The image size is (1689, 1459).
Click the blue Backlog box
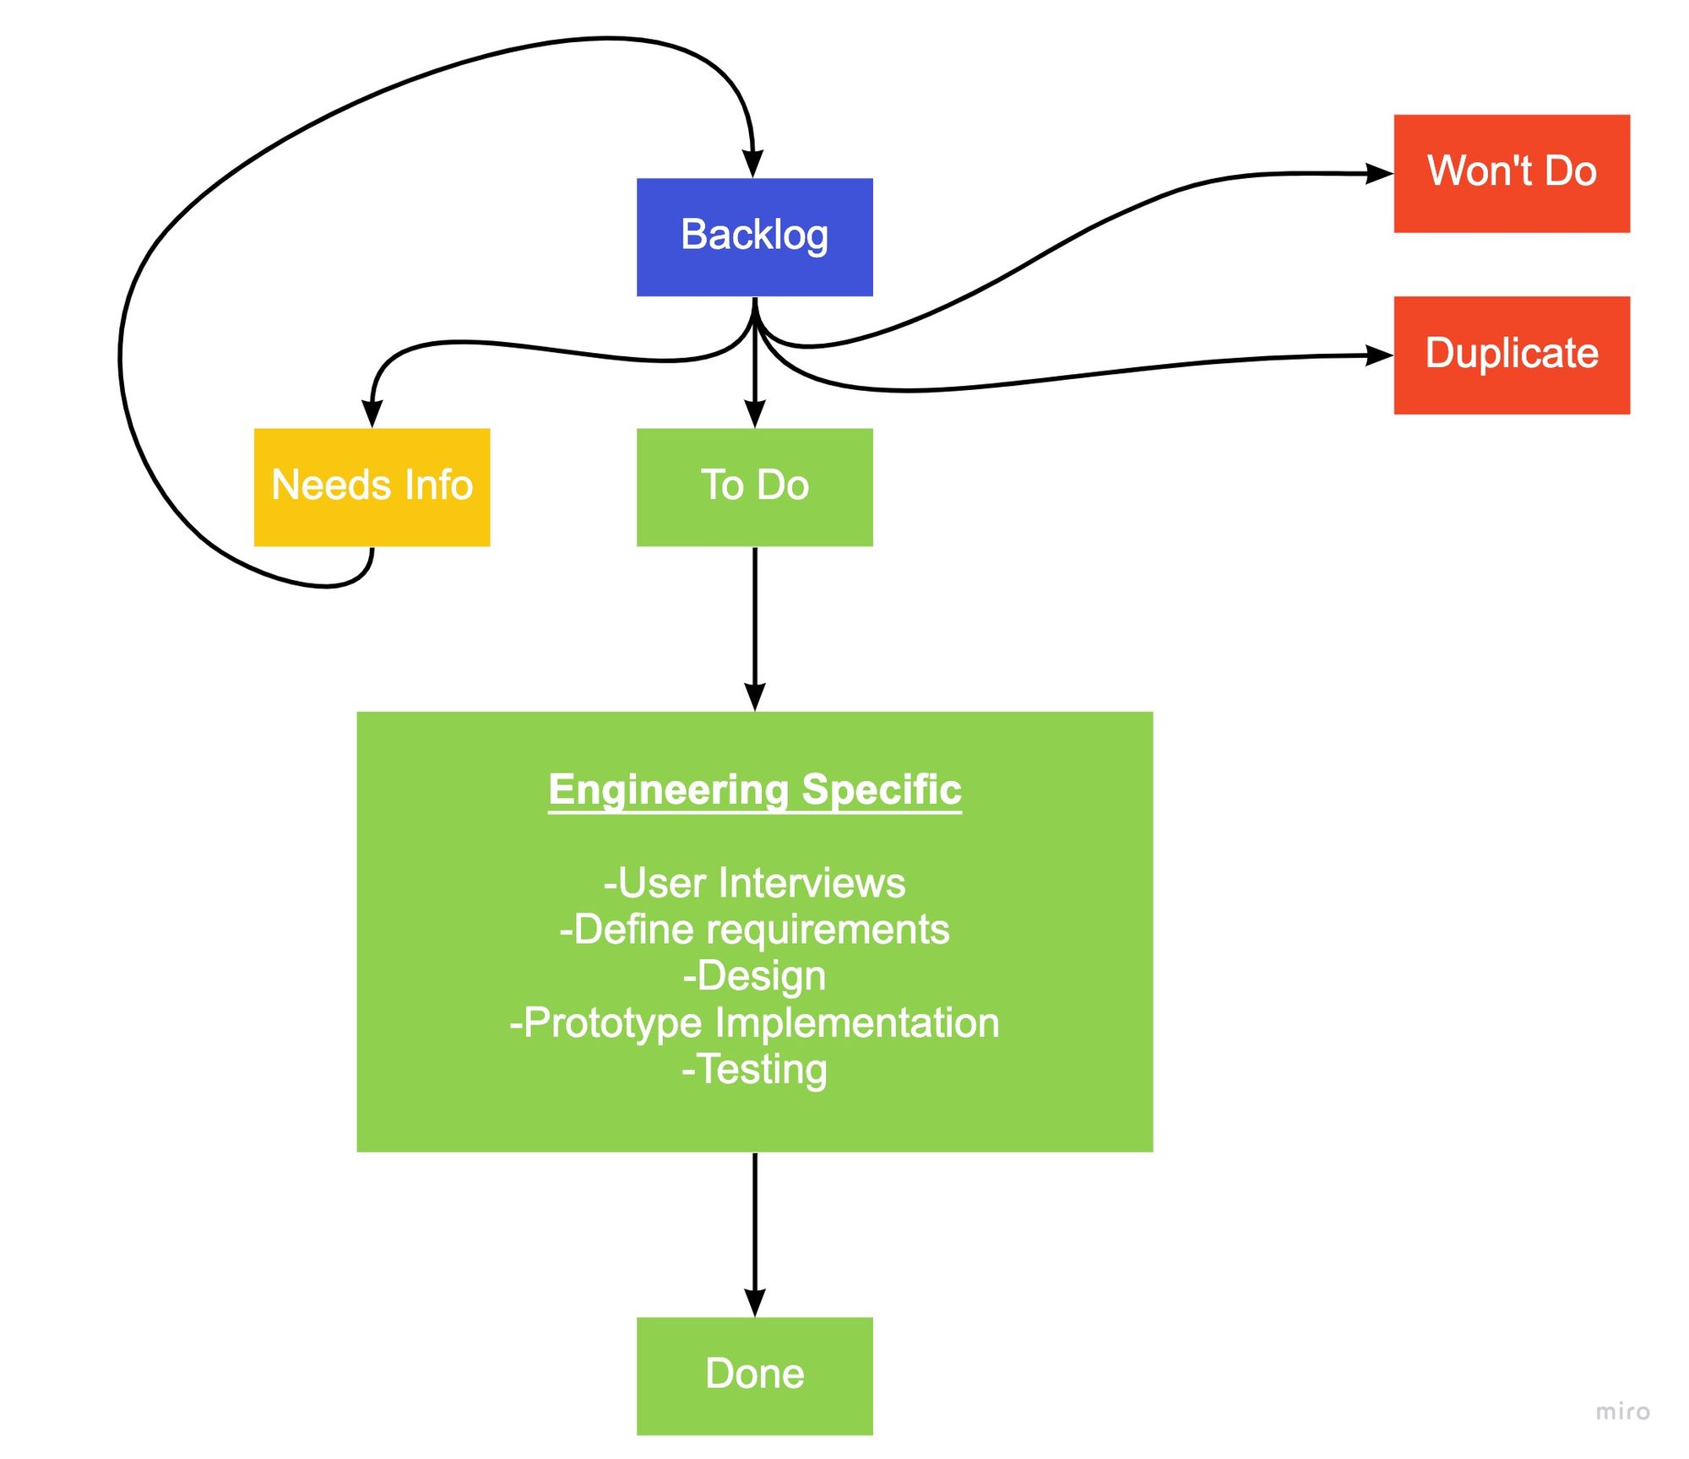click(754, 237)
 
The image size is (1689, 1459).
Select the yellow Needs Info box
click(372, 487)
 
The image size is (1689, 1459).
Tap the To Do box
click(754, 487)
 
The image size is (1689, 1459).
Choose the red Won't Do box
click(1512, 173)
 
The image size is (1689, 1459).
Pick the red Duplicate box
click(1512, 355)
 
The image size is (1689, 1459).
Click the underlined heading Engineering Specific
click(755, 790)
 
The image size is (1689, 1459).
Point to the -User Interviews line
click(754, 883)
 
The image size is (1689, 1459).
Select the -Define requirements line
click(754, 930)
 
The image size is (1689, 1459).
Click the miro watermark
click(1622, 1412)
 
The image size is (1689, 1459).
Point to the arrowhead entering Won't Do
click(1380, 174)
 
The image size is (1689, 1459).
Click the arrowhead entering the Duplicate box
click(1380, 355)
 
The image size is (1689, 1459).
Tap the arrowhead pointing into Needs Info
click(372, 415)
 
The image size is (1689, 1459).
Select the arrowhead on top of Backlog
click(753, 164)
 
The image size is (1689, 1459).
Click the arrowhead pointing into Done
click(755, 1303)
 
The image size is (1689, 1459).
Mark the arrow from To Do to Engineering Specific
click(755, 629)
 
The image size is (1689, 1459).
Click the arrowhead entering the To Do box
click(755, 415)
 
